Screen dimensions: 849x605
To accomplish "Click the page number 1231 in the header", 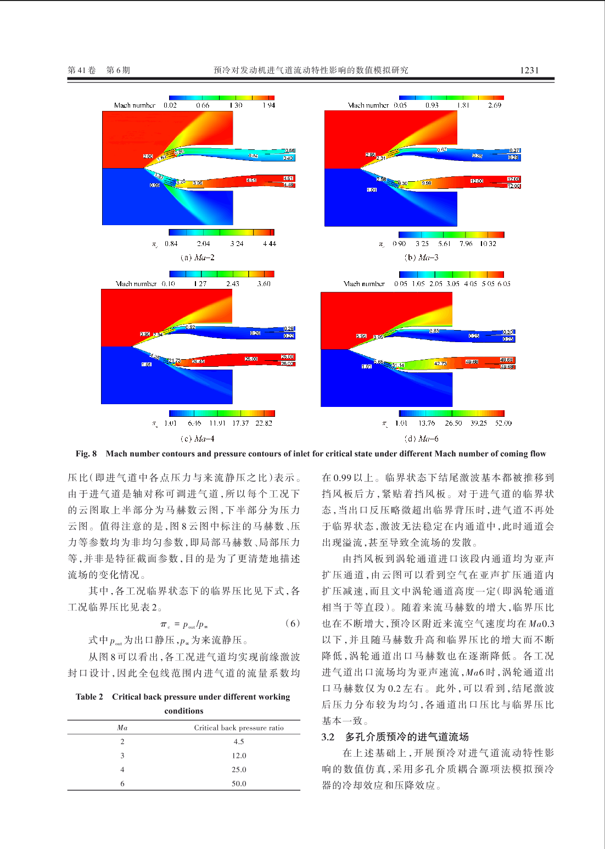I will click(x=529, y=70).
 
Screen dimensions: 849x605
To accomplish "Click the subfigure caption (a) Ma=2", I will click(x=198, y=258).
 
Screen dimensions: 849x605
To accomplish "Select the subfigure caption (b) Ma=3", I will click(x=422, y=258).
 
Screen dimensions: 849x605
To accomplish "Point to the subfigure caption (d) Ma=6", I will click(x=422, y=439).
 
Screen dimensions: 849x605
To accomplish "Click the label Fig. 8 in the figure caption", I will click(x=86, y=454).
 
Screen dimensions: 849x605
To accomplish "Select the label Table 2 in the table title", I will click(x=89, y=697).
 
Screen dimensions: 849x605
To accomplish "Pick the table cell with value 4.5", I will click(x=239, y=741).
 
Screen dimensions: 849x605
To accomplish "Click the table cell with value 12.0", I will click(x=239, y=756).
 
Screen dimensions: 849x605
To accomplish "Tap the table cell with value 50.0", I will click(x=239, y=784).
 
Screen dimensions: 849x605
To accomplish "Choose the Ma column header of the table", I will click(x=122, y=728).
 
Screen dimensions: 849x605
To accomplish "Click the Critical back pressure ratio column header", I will click(x=239, y=728).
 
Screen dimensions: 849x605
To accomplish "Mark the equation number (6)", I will click(x=293, y=623).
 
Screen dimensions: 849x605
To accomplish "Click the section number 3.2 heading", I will click(x=328, y=737).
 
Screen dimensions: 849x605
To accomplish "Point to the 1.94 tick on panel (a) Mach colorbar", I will click(x=268, y=105).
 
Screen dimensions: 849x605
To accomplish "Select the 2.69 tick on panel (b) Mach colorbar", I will click(x=495, y=105).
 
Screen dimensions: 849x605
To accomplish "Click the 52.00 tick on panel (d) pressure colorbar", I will click(x=503, y=423).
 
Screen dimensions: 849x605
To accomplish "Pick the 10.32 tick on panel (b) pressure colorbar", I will click(x=488, y=244).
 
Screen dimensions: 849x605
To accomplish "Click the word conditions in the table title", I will click(x=184, y=711).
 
